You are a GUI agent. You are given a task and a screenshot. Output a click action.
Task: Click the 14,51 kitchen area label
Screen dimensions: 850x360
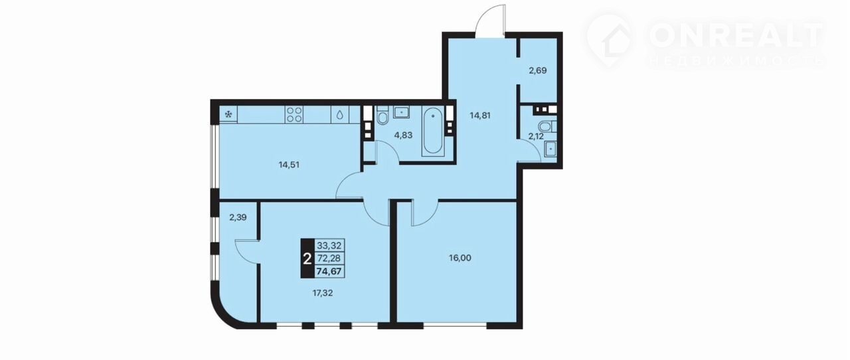coord(289,165)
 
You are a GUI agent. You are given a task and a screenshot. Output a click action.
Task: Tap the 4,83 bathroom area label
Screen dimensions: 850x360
coord(403,135)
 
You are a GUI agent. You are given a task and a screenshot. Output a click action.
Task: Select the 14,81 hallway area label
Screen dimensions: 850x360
coord(480,116)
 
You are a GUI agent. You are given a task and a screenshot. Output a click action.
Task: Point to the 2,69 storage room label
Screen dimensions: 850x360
coord(538,70)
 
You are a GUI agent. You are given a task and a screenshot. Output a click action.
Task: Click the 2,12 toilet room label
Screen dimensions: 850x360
coord(536,136)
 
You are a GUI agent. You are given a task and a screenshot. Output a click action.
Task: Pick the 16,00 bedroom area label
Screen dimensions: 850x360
coord(460,258)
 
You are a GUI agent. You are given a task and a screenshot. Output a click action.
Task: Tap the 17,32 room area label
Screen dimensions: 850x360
coord(322,293)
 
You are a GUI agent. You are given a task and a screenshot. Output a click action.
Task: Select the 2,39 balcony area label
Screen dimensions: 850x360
coord(238,218)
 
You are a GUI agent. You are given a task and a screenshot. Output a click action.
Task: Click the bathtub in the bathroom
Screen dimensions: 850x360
coord(433,131)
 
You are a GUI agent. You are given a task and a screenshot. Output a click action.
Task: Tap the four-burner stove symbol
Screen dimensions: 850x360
coord(294,114)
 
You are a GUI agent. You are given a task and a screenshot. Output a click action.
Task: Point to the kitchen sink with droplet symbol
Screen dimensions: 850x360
coord(340,114)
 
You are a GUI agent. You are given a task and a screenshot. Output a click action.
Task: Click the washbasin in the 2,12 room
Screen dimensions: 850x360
coord(551,149)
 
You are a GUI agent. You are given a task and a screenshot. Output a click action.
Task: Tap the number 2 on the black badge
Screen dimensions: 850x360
coord(307,258)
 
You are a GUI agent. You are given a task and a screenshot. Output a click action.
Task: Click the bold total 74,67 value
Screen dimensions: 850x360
coord(329,272)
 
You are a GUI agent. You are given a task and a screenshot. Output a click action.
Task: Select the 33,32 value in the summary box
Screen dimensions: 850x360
coord(329,245)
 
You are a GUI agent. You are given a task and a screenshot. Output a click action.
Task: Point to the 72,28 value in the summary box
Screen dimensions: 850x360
coord(329,258)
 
